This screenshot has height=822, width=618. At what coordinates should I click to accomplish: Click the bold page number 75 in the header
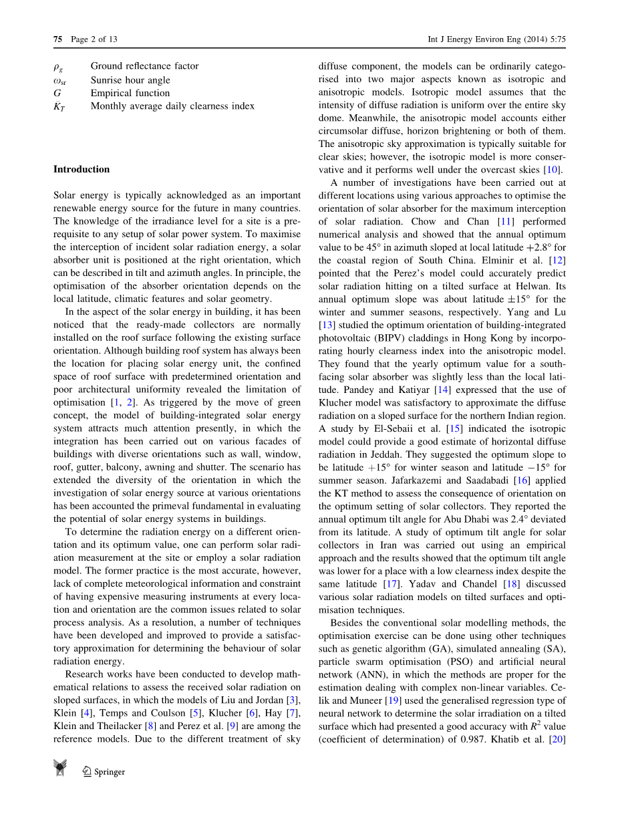pyautogui.click(x=57, y=39)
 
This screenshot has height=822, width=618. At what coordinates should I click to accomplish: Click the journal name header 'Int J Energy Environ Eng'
pyautogui.click(x=472, y=39)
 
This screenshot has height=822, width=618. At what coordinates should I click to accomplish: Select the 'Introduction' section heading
pyautogui.click(x=82, y=169)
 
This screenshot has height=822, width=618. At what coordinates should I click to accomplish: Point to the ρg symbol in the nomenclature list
pyautogui.click(x=58, y=66)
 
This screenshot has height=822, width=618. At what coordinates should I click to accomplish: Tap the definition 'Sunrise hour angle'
pyautogui.click(x=130, y=80)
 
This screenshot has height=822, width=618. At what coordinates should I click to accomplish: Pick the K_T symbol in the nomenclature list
pyautogui.click(x=59, y=106)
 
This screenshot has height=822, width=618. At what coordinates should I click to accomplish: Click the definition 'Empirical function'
pyautogui.click(x=130, y=93)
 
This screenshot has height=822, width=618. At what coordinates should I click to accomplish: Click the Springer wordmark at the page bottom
pyautogui.click(x=110, y=772)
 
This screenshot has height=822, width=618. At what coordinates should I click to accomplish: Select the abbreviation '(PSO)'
pyautogui.click(x=448, y=662)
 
